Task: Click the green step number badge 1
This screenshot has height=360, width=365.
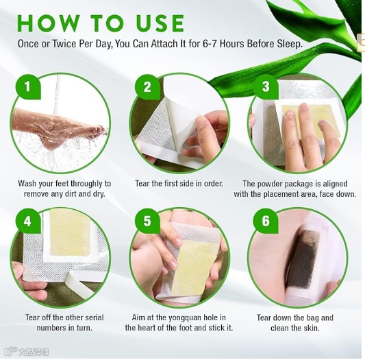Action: click(28, 86)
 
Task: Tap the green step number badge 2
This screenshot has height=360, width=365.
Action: click(147, 86)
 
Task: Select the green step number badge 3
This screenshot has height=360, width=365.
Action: click(266, 86)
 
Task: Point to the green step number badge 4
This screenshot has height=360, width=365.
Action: click(28, 221)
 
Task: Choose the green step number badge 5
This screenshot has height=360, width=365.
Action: click(147, 221)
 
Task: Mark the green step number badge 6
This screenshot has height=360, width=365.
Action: click(266, 221)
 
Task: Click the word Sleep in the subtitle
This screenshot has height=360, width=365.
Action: click(290, 44)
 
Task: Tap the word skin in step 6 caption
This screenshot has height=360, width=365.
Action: click(311, 328)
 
